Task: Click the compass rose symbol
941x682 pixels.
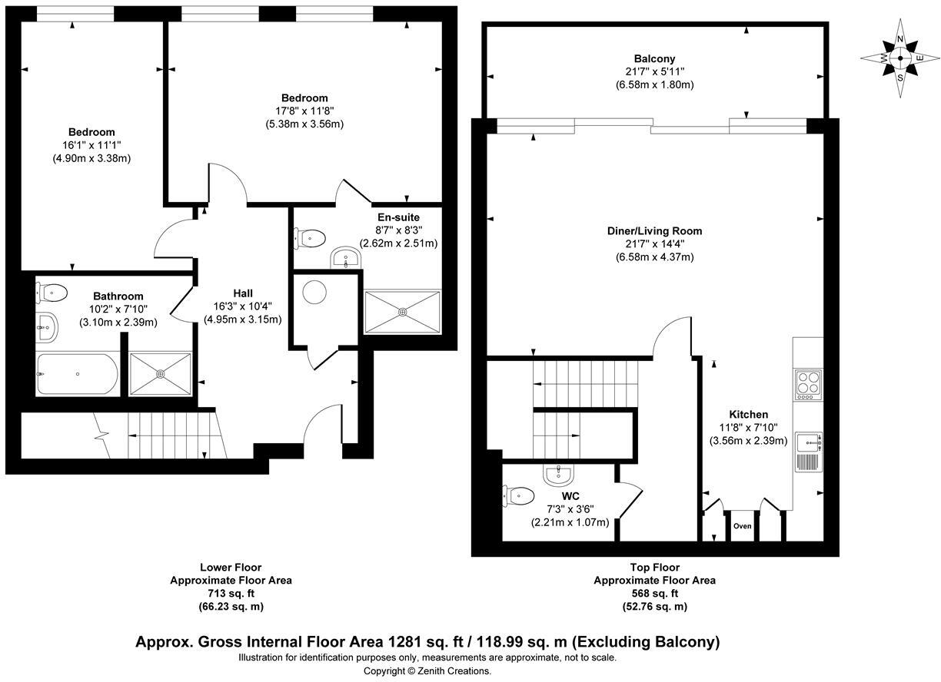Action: click(x=900, y=58)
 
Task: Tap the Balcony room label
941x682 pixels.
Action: click(x=654, y=58)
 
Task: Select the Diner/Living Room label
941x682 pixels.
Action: click(x=654, y=230)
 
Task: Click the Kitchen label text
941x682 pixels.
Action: click(x=747, y=415)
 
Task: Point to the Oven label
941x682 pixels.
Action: click(x=741, y=526)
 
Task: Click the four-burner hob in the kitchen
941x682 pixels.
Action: click(x=808, y=382)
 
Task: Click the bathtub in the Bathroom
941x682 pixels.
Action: click(x=77, y=374)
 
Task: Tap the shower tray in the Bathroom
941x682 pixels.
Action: click(x=160, y=374)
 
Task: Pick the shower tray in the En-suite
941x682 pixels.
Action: click(x=403, y=311)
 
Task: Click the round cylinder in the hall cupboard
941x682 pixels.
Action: click(x=315, y=292)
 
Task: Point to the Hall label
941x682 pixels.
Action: click(x=243, y=293)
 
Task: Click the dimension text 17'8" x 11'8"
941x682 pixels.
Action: click(x=304, y=111)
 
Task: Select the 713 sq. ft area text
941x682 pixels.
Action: click(x=231, y=594)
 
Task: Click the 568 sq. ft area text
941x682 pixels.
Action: click(x=654, y=594)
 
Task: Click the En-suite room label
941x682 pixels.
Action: click(x=398, y=217)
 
